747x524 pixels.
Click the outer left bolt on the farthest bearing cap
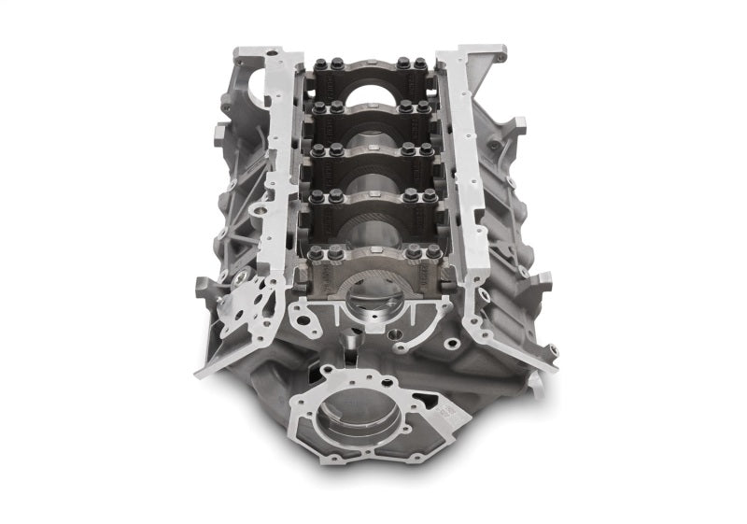(x=316, y=64)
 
